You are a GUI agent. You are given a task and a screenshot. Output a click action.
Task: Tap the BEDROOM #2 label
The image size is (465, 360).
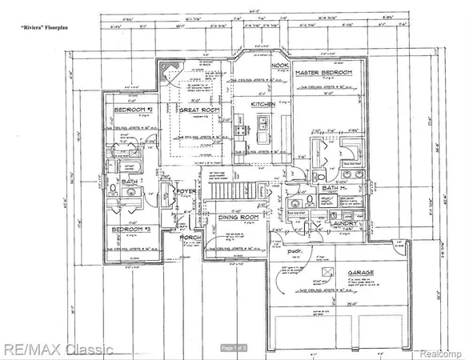pyautogui.click(x=134, y=109)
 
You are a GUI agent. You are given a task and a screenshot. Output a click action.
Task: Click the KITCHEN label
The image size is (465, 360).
pyautogui.click(x=263, y=105)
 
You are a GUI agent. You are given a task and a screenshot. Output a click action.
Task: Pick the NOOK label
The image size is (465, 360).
pyautogui.click(x=279, y=66)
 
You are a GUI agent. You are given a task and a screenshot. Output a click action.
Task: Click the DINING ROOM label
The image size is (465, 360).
pyautogui.click(x=239, y=216)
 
